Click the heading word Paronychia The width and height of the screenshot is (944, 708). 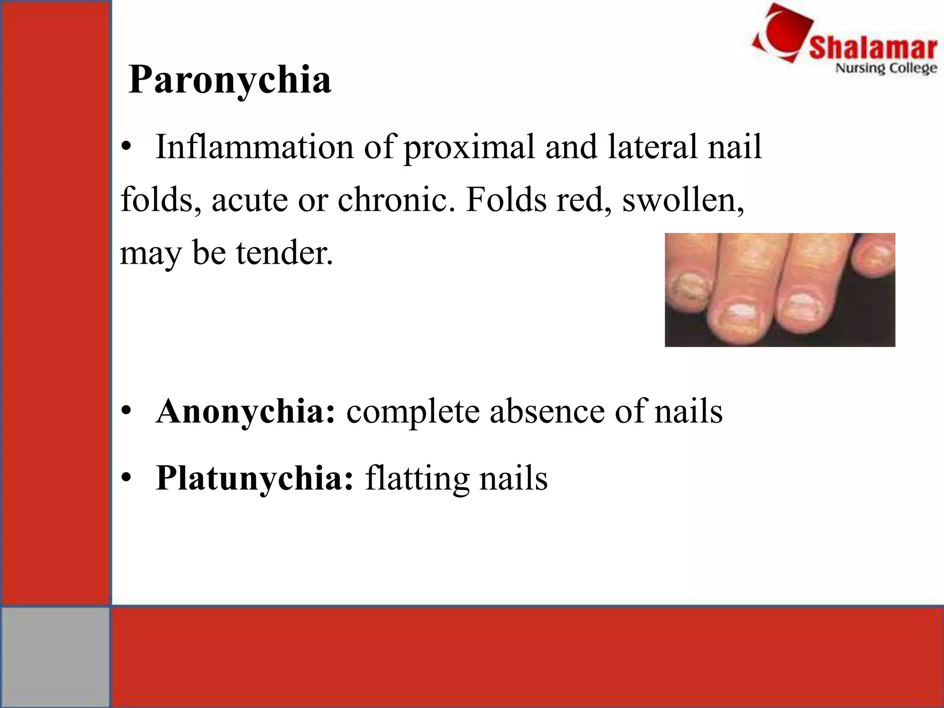(x=230, y=79)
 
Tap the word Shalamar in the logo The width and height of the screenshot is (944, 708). (x=873, y=48)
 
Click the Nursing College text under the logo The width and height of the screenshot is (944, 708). (x=886, y=68)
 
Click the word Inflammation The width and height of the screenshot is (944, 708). (x=254, y=147)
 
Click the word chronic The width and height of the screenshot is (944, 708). (x=393, y=200)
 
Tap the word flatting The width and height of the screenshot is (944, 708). (x=417, y=478)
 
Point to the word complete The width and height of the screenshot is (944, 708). (x=413, y=412)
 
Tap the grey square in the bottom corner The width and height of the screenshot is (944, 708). (x=55, y=656)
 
